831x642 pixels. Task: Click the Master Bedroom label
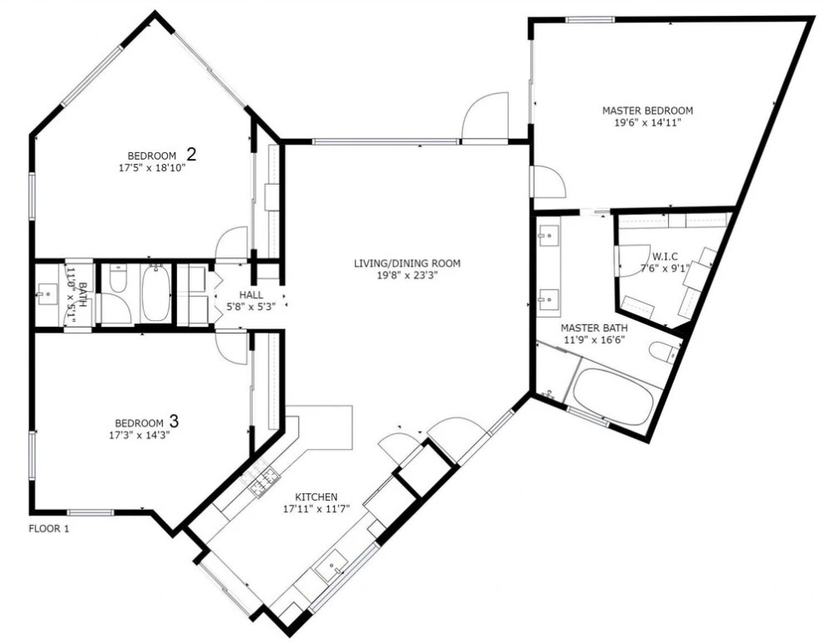coord(647,111)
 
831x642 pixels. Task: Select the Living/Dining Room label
coord(407,263)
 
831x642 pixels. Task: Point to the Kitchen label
coord(316,497)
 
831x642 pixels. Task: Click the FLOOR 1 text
coord(48,528)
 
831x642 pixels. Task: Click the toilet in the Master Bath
coord(663,352)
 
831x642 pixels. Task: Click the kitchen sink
coord(332,566)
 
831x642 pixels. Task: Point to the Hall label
coord(251,295)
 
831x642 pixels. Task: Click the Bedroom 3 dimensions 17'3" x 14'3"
coord(139,435)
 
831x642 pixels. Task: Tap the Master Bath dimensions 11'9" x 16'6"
coord(594,339)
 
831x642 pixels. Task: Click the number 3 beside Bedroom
coord(174,421)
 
